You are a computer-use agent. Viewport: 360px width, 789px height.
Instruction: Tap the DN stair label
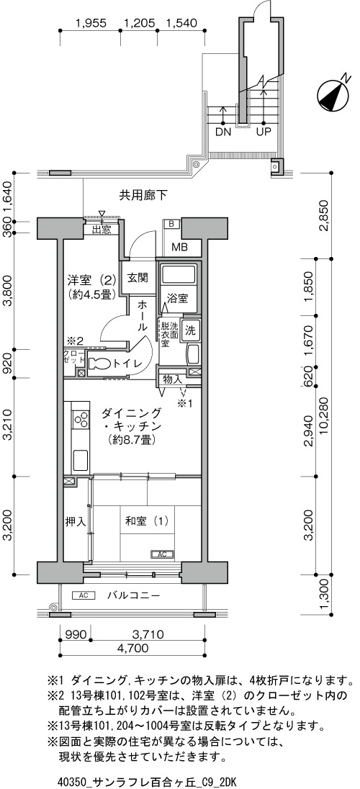tap(222, 133)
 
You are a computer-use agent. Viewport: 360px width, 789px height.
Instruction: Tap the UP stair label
tap(264, 133)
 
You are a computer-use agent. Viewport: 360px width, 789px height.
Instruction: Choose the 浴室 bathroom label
tap(177, 298)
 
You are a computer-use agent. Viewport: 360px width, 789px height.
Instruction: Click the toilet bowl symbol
tap(99, 364)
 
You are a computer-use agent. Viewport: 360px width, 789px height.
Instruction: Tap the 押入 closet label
tap(76, 522)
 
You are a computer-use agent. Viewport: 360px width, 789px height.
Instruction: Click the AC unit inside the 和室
tap(162, 554)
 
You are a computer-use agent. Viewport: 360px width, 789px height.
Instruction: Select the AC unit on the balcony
tap(84, 596)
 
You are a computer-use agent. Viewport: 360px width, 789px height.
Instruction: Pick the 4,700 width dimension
tap(132, 648)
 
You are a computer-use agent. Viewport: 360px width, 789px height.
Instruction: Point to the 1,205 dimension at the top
tap(138, 22)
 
